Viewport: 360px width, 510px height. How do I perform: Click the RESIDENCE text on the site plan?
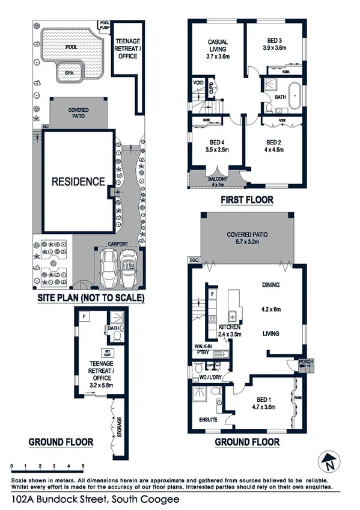pos(78,181)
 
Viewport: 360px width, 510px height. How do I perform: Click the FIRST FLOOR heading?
pos(246,200)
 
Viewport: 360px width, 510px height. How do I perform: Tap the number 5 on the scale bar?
pos(83,466)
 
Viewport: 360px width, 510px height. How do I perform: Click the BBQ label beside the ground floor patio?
pos(194,260)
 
